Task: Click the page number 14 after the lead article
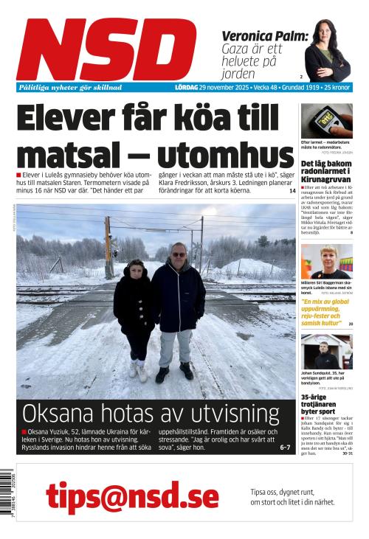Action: [292, 191]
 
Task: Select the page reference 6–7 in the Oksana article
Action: [285, 447]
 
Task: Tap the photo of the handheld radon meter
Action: [326, 120]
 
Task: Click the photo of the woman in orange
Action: [326, 262]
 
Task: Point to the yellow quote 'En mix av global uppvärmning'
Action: [325, 312]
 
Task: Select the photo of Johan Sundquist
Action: [326, 352]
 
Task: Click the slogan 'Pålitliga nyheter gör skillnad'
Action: [70, 87]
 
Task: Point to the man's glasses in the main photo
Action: [179, 254]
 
